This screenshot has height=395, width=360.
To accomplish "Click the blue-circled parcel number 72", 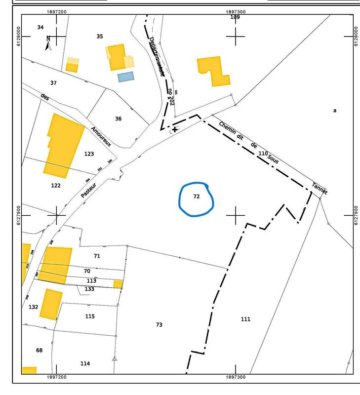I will pyautogui.click(x=196, y=197).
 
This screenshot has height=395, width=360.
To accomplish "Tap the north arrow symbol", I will pyautogui.click(x=48, y=43).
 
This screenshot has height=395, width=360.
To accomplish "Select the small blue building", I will pyautogui.click(x=125, y=77).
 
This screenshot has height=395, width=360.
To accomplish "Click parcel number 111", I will pyautogui.click(x=245, y=319).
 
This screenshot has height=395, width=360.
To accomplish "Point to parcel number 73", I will pyautogui.click(x=159, y=325).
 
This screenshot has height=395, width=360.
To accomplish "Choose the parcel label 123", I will pyautogui.click(x=89, y=154).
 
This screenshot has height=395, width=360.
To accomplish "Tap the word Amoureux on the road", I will pyautogui.click(x=101, y=136).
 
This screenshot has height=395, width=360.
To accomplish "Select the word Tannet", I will pyautogui.click(x=319, y=188).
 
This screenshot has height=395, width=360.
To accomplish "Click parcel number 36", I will pyautogui.click(x=118, y=118).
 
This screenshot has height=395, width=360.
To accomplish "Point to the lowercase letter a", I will pyautogui.click(x=334, y=111).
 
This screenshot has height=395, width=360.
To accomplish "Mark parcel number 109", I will pyautogui.click(x=235, y=17).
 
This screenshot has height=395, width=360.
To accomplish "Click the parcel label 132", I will pyautogui.click(x=34, y=307).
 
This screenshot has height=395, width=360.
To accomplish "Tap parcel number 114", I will pyautogui.click(x=85, y=364).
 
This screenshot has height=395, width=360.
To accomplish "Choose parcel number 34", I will pyautogui.click(x=40, y=27).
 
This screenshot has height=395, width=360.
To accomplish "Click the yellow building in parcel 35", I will pyautogui.click(x=117, y=57).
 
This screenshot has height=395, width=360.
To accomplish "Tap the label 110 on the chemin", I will pyautogui.click(x=263, y=154).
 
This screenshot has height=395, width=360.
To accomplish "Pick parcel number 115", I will pyautogui.click(x=89, y=316).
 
